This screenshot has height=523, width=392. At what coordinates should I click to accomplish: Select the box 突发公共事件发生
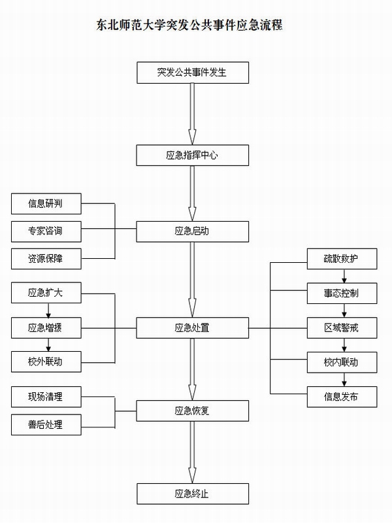pos(192,72)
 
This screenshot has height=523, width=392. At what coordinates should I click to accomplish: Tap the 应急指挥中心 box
pos(192,155)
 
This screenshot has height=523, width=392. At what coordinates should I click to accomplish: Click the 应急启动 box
pos(192,231)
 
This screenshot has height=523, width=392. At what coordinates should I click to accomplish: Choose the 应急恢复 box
pos(192,411)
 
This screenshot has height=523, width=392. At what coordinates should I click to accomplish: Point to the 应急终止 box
pos(192,494)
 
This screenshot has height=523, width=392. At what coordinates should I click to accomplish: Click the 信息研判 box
pos(46,204)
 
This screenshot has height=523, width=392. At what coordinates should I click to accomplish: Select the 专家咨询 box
pos(46,231)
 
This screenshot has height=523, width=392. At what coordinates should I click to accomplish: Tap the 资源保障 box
pos(46,258)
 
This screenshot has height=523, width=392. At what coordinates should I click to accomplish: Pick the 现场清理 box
pos(46,397)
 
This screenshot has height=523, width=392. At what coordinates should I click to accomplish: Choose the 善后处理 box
pos(46,425)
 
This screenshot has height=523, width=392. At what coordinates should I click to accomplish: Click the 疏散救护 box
pos(341,259)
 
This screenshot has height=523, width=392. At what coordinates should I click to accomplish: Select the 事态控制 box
pos(341,294)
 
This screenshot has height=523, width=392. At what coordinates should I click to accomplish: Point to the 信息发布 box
pos(341,396)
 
